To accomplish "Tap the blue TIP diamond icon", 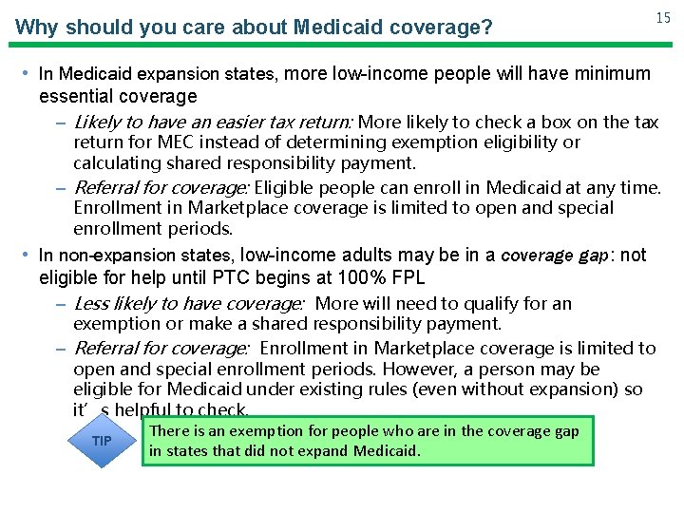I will [x=101, y=441].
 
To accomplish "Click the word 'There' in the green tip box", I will [x=170, y=431].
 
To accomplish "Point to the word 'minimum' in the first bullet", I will [x=607, y=73].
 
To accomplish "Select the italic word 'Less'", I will [x=90, y=304].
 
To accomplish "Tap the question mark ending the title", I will [x=487, y=27].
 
